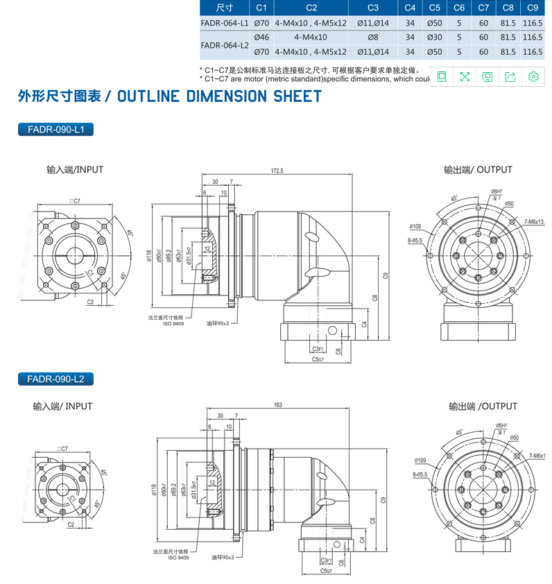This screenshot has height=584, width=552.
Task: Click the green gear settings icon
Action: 533,76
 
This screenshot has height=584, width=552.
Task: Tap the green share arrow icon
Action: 510,76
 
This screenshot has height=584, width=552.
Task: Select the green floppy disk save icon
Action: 488,76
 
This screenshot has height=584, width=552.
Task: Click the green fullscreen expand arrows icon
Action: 465,76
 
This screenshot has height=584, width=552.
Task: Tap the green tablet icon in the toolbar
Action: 442,76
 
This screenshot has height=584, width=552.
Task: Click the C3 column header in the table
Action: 373,8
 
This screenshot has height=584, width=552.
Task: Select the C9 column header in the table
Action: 532,8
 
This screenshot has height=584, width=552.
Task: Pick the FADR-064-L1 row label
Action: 224,23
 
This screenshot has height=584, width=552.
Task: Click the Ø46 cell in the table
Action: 261,37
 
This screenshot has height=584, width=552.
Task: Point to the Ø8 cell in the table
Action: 373,37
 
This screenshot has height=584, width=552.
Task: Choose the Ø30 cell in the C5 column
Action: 434,37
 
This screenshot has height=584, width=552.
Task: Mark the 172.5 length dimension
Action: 277,170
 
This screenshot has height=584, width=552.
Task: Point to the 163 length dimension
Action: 278,404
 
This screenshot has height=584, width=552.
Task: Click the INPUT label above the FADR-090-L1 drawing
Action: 89,170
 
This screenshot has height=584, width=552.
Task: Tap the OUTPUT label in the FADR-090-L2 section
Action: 499,406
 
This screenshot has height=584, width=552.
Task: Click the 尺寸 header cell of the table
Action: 224,8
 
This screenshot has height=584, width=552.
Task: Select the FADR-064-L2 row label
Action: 224,44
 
